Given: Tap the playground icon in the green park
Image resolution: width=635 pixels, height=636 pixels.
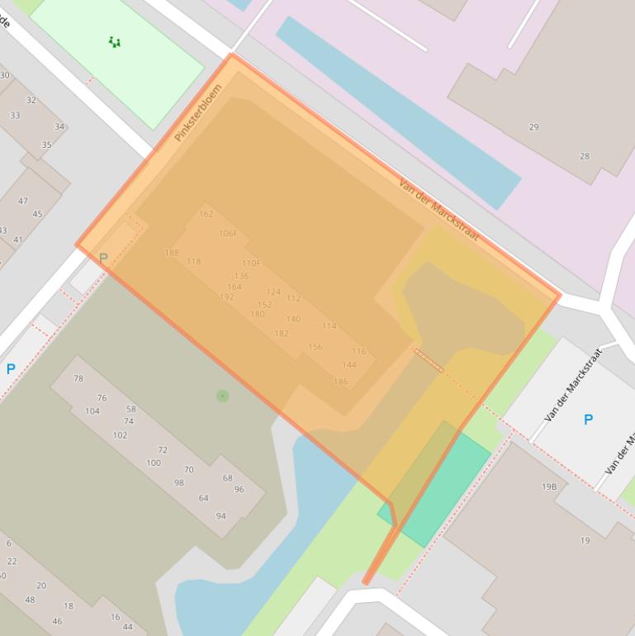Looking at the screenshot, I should click(x=115, y=42).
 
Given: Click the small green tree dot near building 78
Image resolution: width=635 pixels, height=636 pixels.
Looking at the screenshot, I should click(x=222, y=396).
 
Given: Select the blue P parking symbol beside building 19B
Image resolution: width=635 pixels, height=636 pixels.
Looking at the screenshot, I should click(x=588, y=420).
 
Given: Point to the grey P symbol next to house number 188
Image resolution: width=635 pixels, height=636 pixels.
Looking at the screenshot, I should click(x=103, y=259).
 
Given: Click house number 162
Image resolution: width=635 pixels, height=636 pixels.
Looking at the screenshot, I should click(x=206, y=214).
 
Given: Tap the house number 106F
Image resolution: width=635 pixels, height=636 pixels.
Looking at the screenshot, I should click(x=228, y=234).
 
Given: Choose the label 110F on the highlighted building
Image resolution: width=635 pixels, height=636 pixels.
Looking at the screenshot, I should click(x=251, y=263).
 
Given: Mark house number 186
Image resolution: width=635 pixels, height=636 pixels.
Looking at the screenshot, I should click(x=340, y=382).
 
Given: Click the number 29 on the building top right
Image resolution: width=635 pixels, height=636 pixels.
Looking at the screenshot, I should click(x=533, y=127).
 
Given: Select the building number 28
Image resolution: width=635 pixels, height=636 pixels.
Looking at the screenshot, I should click(x=585, y=156).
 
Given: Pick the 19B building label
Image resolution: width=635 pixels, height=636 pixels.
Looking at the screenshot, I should click(x=549, y=487).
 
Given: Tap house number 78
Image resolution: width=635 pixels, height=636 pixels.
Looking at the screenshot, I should click(x=78, y=379).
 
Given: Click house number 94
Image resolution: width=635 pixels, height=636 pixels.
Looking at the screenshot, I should click(x=220, y=516).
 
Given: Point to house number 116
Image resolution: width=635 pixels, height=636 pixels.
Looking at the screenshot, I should click(x=358, y=352).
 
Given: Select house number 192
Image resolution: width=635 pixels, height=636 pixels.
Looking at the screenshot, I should click(x=226, y=297).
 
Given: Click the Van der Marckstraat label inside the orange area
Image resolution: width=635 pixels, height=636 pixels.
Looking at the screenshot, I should click(x=438, y=210).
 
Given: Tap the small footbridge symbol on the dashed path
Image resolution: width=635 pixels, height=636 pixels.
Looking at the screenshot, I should click(x=429, y=360).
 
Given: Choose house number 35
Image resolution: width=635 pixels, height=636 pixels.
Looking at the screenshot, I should click(x=46, y=145).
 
